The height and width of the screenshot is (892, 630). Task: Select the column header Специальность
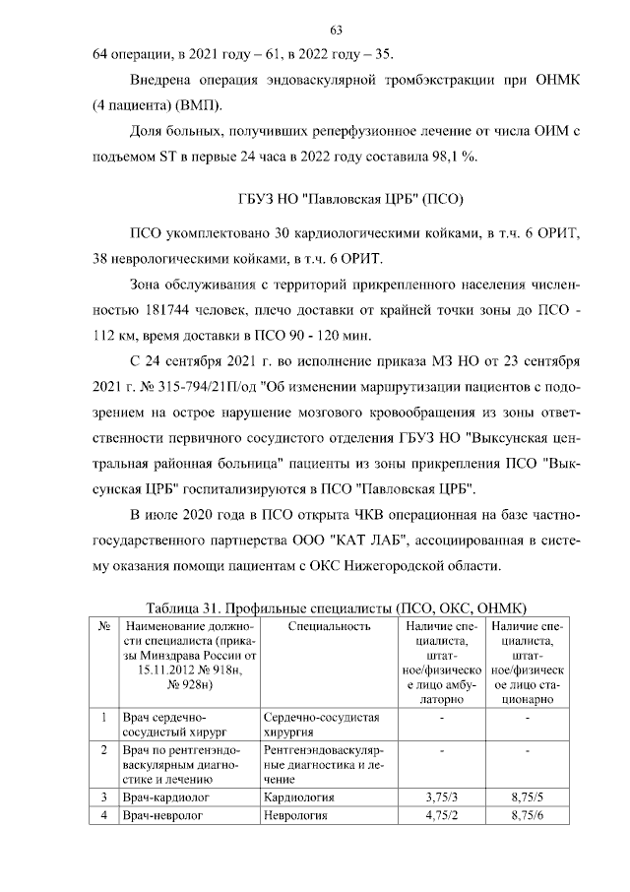[x=331, y=625]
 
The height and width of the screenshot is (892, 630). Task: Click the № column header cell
[x=103, y=625]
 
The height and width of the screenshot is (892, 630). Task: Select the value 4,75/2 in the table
[x=443, y=815]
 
